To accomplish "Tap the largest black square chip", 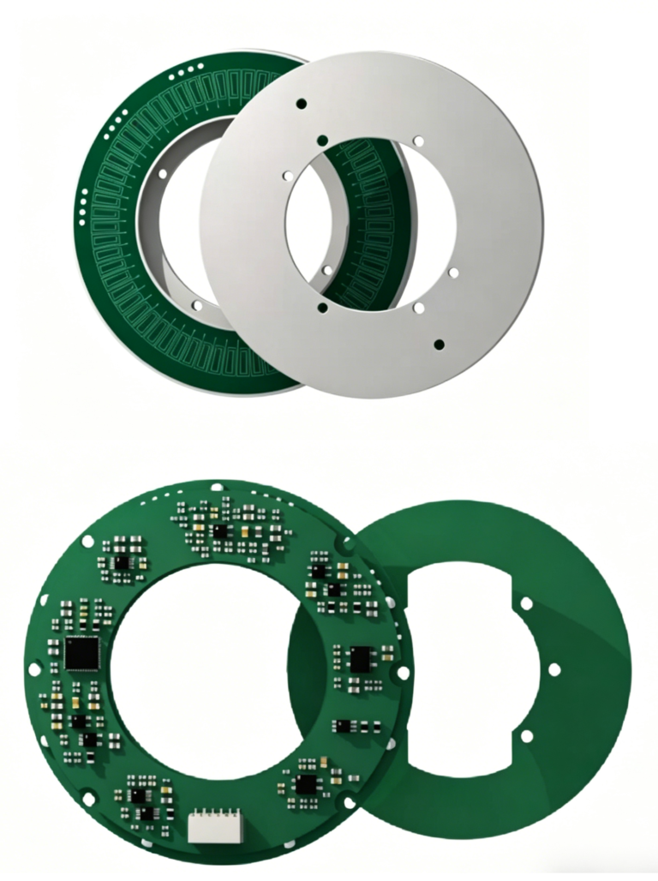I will (x=82, y=653).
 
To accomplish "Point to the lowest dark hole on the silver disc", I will (x=439, y=344).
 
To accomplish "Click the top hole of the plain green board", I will (x=526, y=603).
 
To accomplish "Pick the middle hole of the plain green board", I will (x=554, y=668).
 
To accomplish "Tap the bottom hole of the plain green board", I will (x=526, y=735).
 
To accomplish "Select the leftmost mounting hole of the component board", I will (x=33, y=668).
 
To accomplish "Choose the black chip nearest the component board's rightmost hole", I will (x=360, y=658).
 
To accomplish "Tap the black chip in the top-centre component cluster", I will (x=221, y=531).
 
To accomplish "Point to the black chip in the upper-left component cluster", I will (x=123, y=562).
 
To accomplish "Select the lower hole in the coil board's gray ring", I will (x=197, y=304).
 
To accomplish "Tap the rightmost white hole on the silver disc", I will (x=453, y=273).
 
